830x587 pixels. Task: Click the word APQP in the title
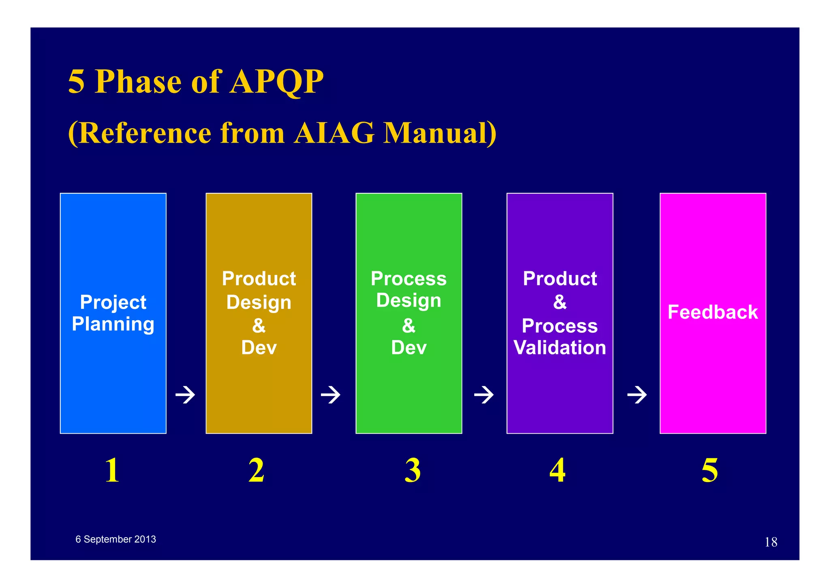276,82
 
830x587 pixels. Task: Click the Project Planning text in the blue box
113,313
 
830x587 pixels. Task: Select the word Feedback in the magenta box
712,312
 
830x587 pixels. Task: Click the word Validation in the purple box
560,348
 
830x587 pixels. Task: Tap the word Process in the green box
409,279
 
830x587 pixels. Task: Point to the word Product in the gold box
259,279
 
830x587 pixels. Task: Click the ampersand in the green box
409,326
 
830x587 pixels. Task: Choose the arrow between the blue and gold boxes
185,394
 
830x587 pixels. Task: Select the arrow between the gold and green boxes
331,394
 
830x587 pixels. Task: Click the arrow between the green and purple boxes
484,394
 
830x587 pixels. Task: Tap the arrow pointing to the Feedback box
637,394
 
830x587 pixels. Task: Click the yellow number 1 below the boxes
112,470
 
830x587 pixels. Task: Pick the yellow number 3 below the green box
413,470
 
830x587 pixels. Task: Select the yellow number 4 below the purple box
558,470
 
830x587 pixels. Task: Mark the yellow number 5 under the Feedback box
710,470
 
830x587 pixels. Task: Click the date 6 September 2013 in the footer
116,539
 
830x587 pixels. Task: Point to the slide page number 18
770,542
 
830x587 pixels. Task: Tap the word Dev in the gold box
259,348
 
